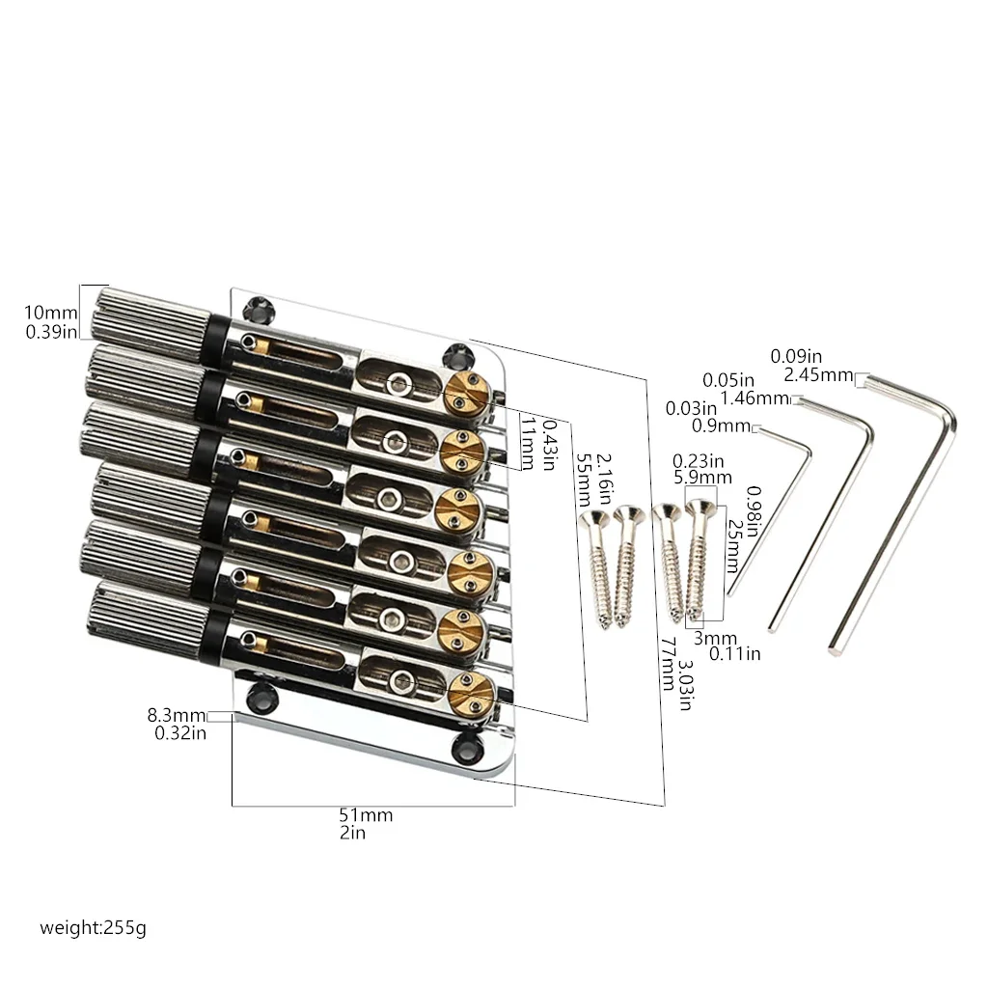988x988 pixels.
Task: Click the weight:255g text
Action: pyautogui.click(x=93, y=927)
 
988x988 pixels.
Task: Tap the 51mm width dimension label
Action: pyautogui.click(x=366, y=814)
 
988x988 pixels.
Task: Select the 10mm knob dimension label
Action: pyautogui.click(x=51, y=312)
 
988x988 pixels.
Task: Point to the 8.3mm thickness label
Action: pyautogui.click(x=177, y=715)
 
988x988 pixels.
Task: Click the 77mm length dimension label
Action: pyautogui.click(x=668, y=664)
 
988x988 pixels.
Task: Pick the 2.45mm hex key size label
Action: pyautogui.click(x=818, y=375)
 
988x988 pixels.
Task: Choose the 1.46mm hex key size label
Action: pyautogui.click(x=755, y=398)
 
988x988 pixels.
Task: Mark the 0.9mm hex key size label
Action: pyautogui.click(x=721, y=425)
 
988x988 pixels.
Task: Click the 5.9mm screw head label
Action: pyautogui.click(x=702, y=478)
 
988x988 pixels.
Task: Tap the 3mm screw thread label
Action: pyautogui.click(x=715, y=639)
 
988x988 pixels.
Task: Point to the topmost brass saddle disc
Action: pyautogui.click(x=467, y=393)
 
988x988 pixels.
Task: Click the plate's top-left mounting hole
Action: pyautogui.click(x=259, y=308)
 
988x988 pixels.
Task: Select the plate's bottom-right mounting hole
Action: pyautogui.click(x=468, y=746)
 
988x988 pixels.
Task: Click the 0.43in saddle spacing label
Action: pyautogui.click(x=548, y=446)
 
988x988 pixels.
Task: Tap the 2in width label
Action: pyautogui.click(x=352, y=833)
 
